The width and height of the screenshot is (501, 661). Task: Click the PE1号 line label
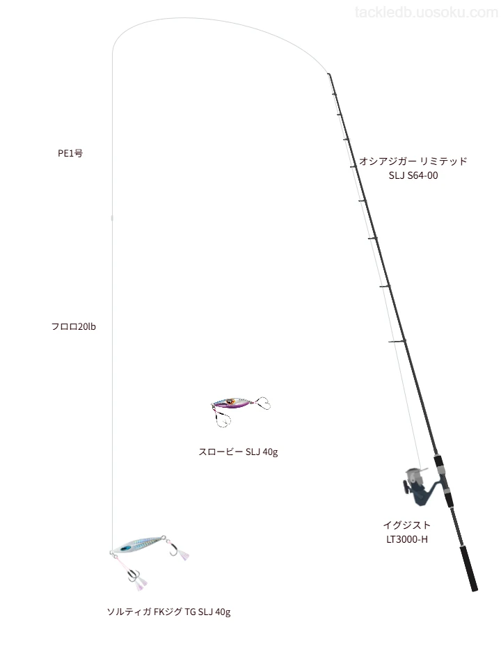70,153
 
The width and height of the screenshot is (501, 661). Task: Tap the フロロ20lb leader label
73,326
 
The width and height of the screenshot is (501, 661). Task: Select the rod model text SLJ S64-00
413,175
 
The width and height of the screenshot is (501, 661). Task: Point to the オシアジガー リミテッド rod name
413,161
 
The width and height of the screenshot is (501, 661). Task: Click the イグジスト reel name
407,525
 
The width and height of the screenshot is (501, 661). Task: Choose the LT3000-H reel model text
407,539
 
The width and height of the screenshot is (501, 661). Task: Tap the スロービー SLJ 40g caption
238,452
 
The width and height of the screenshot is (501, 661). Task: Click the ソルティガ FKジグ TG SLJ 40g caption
168,612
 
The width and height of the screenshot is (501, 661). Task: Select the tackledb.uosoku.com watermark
427,13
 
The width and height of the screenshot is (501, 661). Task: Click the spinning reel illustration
419,486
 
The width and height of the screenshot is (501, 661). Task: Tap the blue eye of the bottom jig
126,548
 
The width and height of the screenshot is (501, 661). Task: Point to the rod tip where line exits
328,74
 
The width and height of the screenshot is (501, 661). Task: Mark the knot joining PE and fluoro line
112,218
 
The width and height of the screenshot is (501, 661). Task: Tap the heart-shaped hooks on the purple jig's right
262,404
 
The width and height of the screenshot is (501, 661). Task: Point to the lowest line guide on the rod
397,341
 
